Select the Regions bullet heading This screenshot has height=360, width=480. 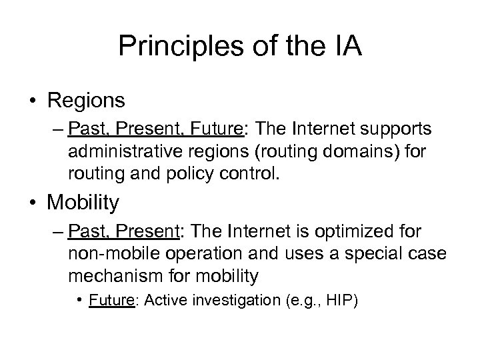[x=86, y=100]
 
